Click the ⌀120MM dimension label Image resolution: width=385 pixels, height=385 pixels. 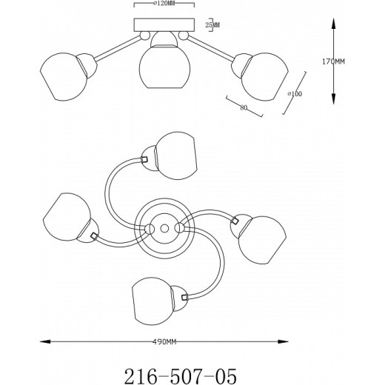point(162,3)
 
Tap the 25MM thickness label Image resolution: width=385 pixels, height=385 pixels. point(212,25)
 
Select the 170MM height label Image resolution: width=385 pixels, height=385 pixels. point(333,61)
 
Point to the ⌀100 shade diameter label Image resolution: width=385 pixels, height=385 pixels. point(295,94)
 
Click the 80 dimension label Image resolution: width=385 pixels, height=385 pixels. point(244,107)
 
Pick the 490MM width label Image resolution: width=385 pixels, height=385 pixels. point(164,342)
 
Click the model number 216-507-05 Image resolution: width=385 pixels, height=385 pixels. point(180,376)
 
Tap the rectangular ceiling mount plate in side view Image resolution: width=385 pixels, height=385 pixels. point(164,25)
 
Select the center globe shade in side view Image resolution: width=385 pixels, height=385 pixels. point(164,67)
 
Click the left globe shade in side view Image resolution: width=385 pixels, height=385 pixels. point(64,76)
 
